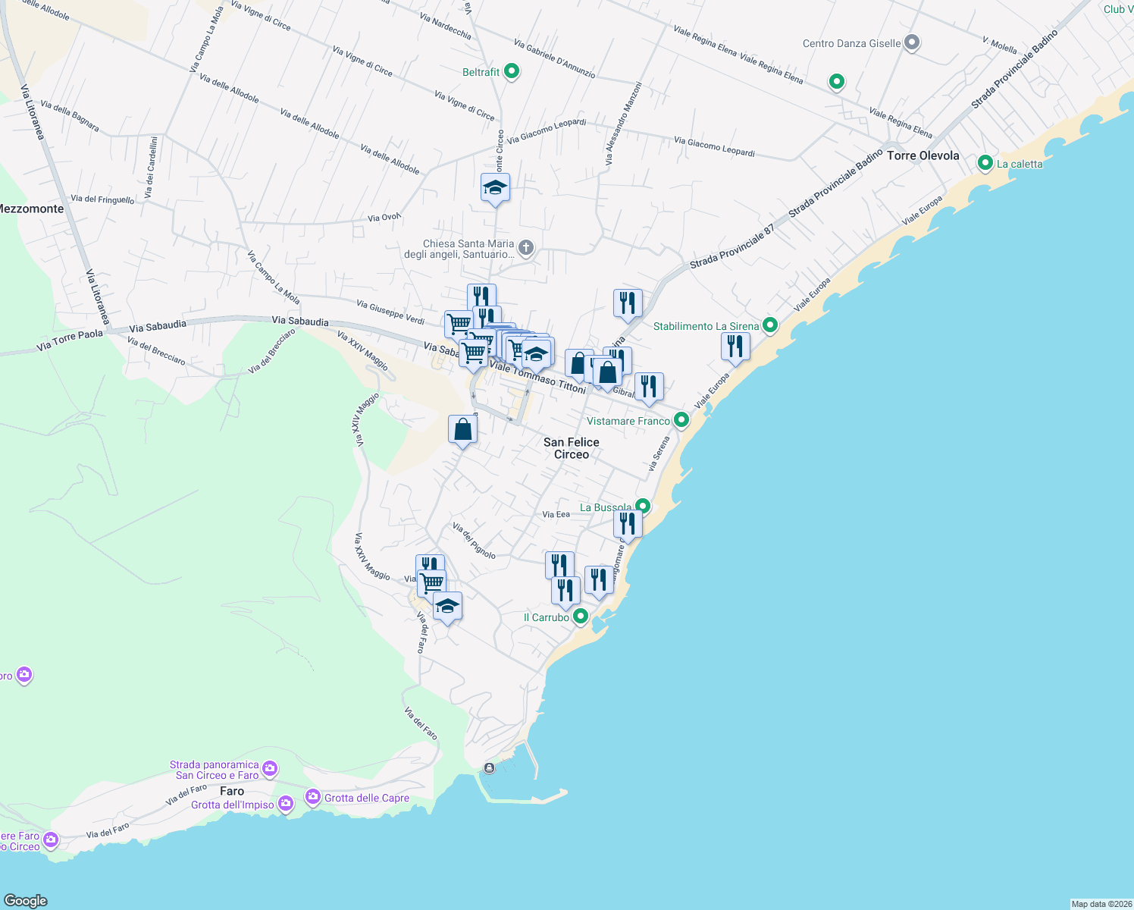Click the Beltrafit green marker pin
pyautogui.click(x=512, y=72)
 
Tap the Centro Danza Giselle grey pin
pyautogui.click(x=912, y=43)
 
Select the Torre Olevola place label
pyautogui.click(x=923, y=155)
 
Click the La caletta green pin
pyautogui.click(x=985, y=163)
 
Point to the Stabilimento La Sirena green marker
pyautogui.click(x=770, y=325)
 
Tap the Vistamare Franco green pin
pyautogui.click(x=681, y=420)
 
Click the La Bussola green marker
pyautogui.click(x=643, y=506)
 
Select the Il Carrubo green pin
pyautogui.click(x=580, y=617)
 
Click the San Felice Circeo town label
pyautogui.click(x=571, y=448)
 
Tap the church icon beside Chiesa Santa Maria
pyautogui.click(x=525, y=247)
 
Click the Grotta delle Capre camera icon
pyautogui.click(x=312, y=797)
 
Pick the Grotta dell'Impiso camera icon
pyautogui.click(x=285, y=804)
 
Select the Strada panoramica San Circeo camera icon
pyautogui.click(x=270, y=770)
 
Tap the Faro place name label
pyautogui.click(x=232, y=791)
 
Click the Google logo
pyautogui.click(x=26, y=900)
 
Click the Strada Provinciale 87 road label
pyautogui.click(x=731, y=246)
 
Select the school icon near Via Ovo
pyautogui.click(x=495, y=188)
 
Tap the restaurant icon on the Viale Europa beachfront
pyautogui.click(x=735, y=347)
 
